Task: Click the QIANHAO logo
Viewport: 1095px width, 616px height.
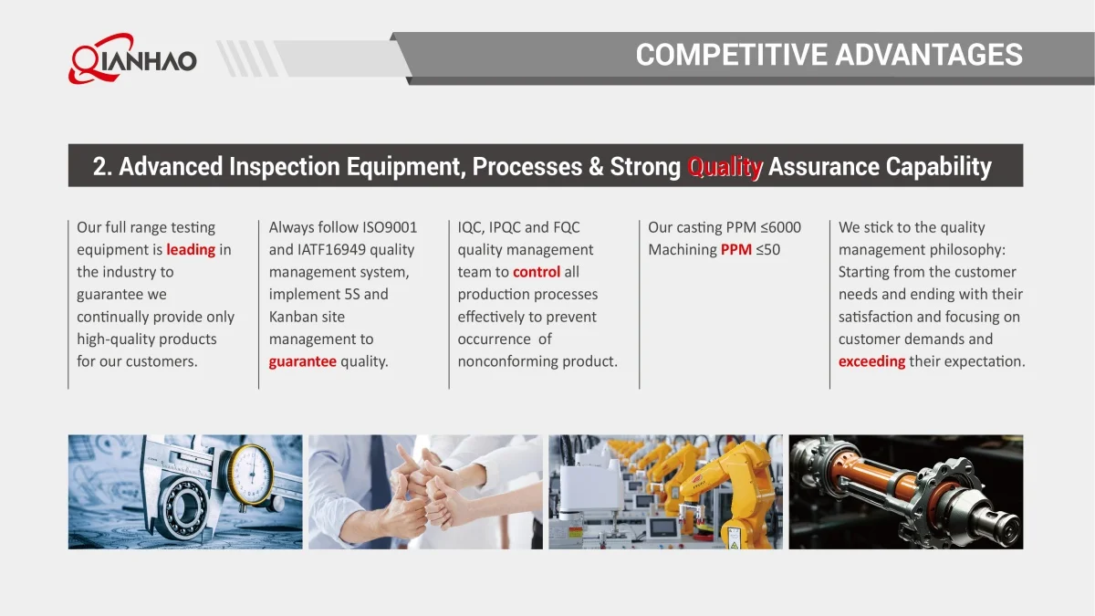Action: coord(132,58)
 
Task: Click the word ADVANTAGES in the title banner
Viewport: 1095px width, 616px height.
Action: coord(928,54)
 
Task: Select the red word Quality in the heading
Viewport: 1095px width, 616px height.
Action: coord(725,166)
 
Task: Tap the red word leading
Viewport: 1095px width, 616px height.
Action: coord(191,250)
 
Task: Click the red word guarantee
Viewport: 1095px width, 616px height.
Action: coord(303,361)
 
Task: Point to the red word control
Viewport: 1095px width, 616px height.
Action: coord(537,272)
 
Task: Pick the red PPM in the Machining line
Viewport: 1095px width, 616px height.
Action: coord(735,250)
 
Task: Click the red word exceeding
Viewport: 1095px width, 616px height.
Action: coord(871,361)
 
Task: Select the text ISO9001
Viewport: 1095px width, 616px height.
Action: coord(389,227)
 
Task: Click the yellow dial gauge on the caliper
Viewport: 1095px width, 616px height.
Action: coord(252,475)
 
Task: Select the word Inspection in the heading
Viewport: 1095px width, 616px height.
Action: coord(285,167)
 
